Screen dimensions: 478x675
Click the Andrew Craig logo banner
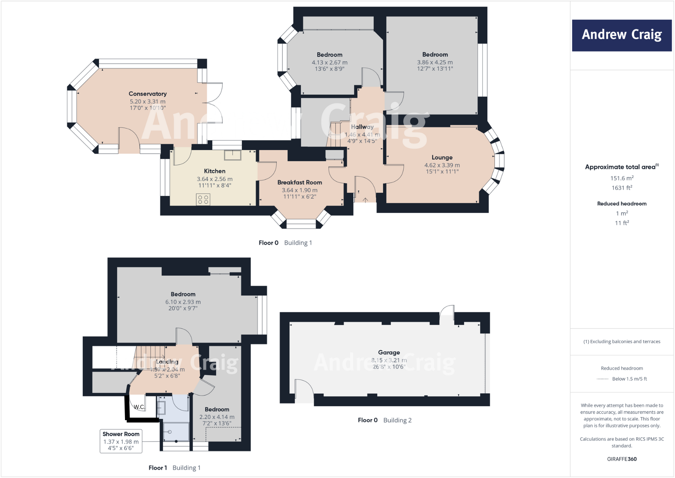pos(621,35)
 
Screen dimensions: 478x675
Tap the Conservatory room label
pos(147,94)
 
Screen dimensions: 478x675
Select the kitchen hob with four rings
pos(203,199)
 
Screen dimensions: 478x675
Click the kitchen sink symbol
pos(233,155)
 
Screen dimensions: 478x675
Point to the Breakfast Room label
pos(299,182)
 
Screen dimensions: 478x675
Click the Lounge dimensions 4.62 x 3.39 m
pos(442,165)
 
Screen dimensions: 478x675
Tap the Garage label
pos(389,352)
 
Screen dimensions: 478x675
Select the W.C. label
pos(139,407)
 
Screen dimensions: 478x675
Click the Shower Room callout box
pos(121,441)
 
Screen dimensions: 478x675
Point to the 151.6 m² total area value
pos(621,178)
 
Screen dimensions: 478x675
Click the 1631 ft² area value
pos(621,188)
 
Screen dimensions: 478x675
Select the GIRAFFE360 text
pos(621,459)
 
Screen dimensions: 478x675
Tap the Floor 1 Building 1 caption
pos(174,468)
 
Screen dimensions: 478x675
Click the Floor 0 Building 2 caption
pos(384,420)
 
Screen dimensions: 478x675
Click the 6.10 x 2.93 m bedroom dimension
pos(183,302)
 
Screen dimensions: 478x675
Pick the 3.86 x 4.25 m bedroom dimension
pos(435,62)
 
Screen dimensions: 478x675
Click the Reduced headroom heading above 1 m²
pos(621,204)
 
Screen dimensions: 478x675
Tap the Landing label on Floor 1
pos(167,362)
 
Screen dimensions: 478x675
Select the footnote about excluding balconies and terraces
pos(621,341)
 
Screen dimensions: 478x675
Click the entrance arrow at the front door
pos(365,200)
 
